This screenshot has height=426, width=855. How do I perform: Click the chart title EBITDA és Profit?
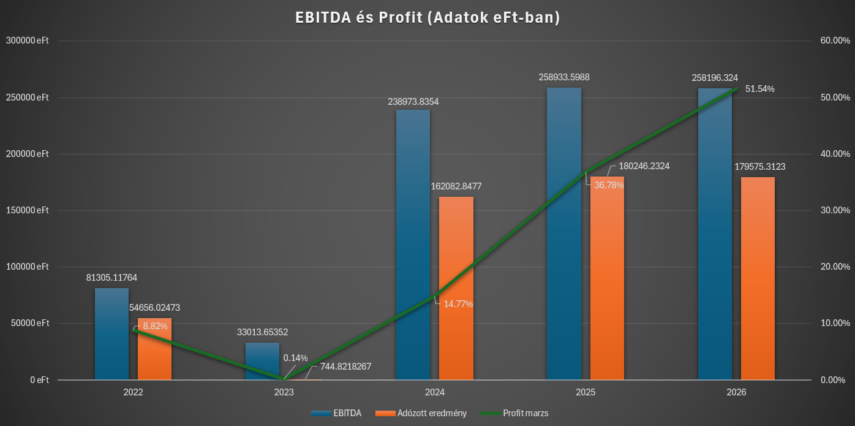[428, 18]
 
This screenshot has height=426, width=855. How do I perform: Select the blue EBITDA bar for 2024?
[413, 245]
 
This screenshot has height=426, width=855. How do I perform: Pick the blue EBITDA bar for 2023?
[262, 362]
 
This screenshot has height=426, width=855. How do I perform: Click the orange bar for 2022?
[154, 349]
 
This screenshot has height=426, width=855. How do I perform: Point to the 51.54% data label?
[759, 89]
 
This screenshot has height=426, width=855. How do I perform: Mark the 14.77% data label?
[458, 303]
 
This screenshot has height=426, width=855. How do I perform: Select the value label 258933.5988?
[564, 77]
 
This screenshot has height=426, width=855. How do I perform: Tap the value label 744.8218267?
[345, 367]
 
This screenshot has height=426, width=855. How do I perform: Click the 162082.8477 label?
[456, 186]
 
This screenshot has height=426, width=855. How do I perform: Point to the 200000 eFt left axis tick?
[28, 154]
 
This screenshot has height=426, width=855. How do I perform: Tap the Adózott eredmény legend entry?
[423, 413]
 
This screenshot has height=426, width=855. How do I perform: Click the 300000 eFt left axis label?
[28, 40]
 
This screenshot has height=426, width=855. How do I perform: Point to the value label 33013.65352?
[262, 332]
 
